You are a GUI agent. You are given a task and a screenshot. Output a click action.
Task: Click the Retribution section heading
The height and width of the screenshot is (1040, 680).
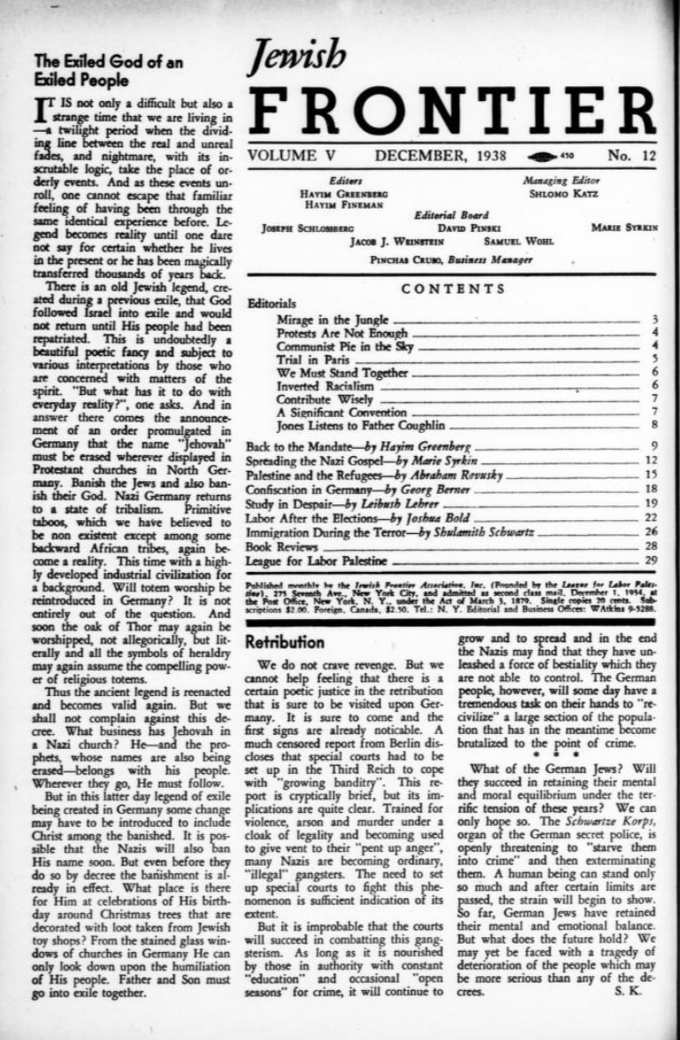[285, 641]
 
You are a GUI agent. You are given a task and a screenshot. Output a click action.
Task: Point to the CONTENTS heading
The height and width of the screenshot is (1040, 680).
[452, 289]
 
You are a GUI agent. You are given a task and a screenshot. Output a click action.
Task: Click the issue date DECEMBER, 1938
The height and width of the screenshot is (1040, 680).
[442, 155]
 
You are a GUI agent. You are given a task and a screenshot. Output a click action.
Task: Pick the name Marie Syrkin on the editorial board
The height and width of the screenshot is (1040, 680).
[623, 227]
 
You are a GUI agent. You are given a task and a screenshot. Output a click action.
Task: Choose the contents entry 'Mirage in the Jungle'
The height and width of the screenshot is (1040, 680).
[332, 320]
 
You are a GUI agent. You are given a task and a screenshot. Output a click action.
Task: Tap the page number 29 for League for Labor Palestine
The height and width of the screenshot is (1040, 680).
[651, 561]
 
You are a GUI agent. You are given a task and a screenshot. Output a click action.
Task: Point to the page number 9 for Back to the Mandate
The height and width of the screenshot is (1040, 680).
[653, 447]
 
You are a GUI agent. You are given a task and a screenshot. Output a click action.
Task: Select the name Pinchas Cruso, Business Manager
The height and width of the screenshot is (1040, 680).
[452, 260]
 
